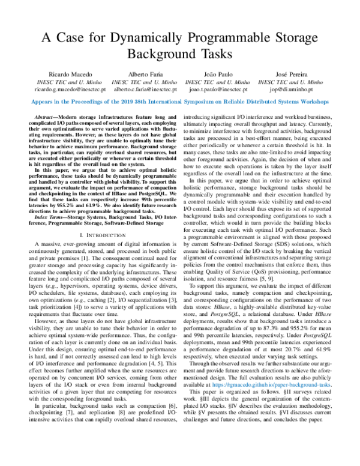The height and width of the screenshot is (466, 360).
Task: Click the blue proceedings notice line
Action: (x=179, y=102)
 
